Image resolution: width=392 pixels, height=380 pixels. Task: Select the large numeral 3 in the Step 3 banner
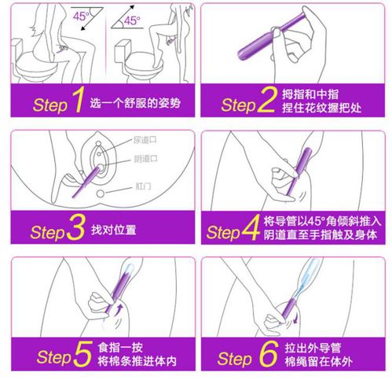[75, 231]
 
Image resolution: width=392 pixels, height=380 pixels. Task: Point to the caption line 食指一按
[119, 351]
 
